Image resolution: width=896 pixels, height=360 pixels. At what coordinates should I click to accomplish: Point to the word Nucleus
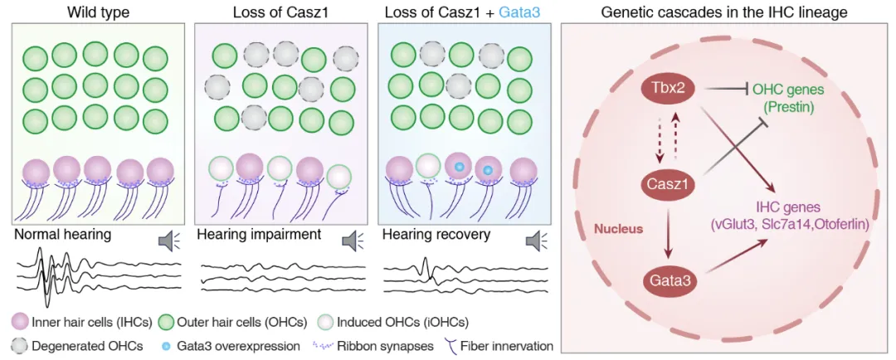(x=618, y=229)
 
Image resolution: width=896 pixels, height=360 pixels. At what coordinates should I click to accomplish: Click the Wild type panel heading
(x=98, y=12)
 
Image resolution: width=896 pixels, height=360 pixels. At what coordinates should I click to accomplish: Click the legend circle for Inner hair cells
(x=21, y=323)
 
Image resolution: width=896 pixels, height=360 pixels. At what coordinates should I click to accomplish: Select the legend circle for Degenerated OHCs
(x=21, y=345)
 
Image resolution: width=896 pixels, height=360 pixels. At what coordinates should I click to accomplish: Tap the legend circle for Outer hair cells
(x=166, y=323)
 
